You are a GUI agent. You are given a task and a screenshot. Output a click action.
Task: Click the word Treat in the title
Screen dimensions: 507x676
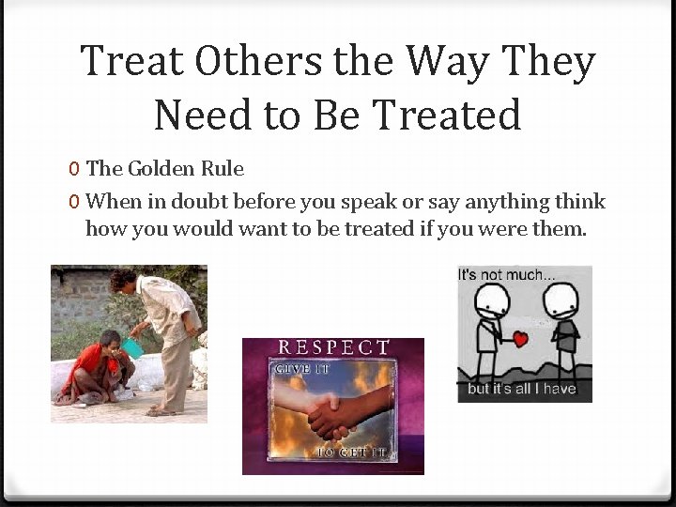point(131,62)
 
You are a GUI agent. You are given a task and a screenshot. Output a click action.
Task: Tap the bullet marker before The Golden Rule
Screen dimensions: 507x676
point(73,170)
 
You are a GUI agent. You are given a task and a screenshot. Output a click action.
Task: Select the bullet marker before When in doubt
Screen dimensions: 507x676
point(73,202)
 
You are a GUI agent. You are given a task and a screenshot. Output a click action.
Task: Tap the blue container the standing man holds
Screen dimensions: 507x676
point(132,346)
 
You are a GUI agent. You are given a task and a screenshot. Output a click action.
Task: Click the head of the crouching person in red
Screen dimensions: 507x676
point(111,340)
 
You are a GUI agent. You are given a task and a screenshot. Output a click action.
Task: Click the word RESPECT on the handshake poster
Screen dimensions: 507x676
point(333,347)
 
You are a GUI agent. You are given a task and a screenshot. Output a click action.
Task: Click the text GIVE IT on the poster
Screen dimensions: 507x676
point(301,370)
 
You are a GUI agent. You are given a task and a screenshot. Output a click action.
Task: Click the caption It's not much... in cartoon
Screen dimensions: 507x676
point(507,275)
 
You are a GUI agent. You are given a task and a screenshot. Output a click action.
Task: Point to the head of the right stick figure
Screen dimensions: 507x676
point(561,301)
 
